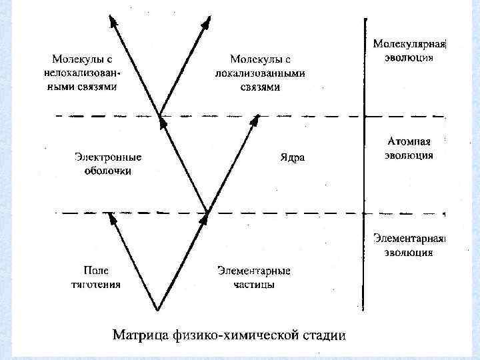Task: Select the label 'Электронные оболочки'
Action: pos(108,165)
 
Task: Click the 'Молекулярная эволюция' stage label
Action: pos(409,51)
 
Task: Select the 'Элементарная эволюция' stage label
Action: pos(409,245)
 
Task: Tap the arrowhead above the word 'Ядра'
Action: pos(255,119)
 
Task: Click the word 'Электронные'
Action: pos(108,159)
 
